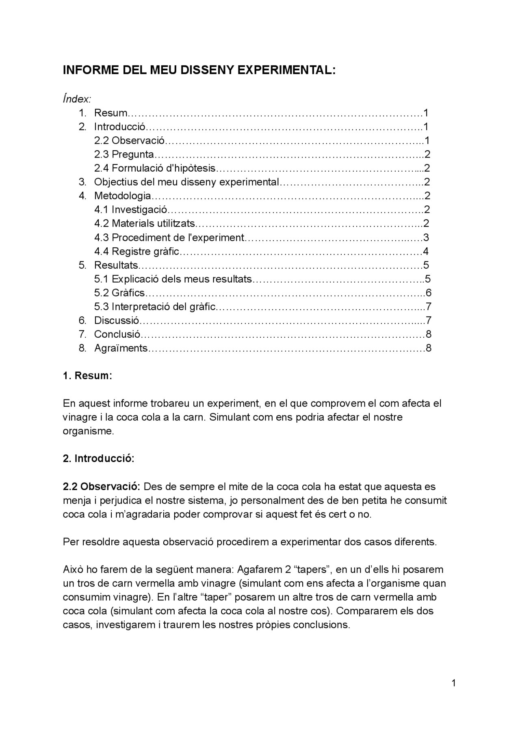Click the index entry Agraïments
(x=121, y=348)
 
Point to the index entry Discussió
(x=116, y=320)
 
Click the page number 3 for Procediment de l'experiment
(x=426, y=237)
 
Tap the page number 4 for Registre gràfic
(x=426, y=251)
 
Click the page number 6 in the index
(x=428, y=293)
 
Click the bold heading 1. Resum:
(x=87, y=376)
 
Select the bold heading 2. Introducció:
(x=98, y=459)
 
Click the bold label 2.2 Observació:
(x=102, y=486)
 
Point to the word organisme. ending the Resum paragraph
(x=88, y=431)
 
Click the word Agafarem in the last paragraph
(x=257, y=569)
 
